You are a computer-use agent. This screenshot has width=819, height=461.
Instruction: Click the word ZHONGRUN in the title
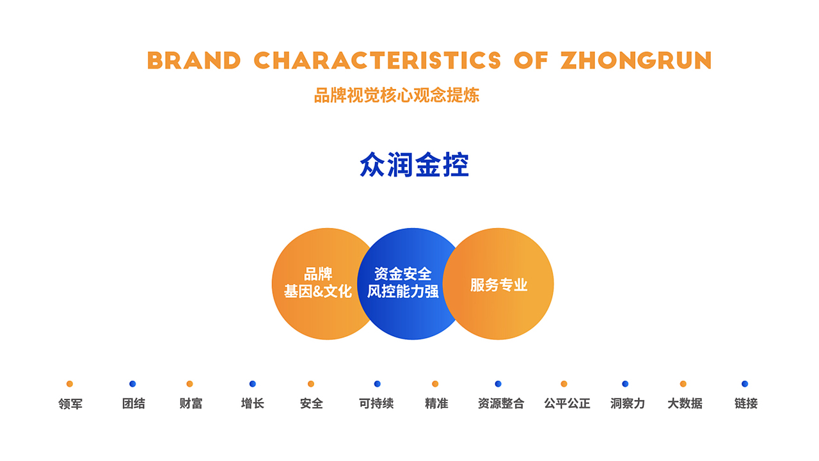(636, 60)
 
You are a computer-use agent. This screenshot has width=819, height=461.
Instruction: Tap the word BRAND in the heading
(194, 60)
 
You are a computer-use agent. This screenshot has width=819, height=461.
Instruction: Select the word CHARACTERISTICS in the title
(377, 60)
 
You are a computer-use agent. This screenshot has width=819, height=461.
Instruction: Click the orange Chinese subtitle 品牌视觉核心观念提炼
(397, 95)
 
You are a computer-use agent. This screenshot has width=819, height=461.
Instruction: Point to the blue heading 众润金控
(414, 165)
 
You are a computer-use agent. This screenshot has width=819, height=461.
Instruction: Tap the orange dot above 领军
(70, 384)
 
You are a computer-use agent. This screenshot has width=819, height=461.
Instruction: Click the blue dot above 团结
(132, 384)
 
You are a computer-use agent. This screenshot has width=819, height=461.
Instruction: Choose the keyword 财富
(191, 403)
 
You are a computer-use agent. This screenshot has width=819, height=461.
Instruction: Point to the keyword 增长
(253, 403)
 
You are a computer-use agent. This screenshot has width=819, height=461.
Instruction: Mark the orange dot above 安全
(311, 384)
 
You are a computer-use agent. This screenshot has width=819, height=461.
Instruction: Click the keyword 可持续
(376, 403)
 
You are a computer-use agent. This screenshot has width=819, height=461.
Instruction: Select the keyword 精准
(436, 403)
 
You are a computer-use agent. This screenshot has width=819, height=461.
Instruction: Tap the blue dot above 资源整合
(498, 384)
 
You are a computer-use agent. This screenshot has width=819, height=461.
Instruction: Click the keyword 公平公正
(567, 403)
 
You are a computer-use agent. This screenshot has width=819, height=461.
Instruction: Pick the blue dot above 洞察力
(625, 384)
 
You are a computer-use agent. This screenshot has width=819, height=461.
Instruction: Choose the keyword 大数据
(685, 403)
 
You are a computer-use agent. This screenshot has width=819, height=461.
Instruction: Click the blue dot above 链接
(745, 384)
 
